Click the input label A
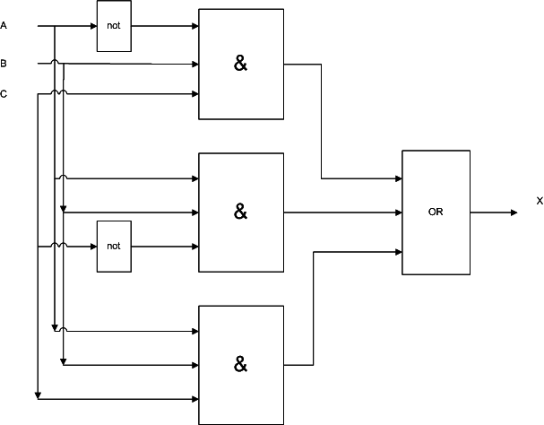point(4,26)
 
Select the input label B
point(4,64)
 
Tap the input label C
point(4,93)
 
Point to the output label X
point(540,201)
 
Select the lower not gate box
point(114,246)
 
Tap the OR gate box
point(436,212)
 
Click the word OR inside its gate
point(436,212)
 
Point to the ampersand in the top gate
point(240,65)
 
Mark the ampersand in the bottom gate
point(240,365)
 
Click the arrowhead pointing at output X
point(514,212)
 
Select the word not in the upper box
point(114,26)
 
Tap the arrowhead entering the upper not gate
point(92,26)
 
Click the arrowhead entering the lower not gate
point(92,246)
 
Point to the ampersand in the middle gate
point(240,212)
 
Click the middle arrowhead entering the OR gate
point(397,212)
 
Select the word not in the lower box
point(114,246)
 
